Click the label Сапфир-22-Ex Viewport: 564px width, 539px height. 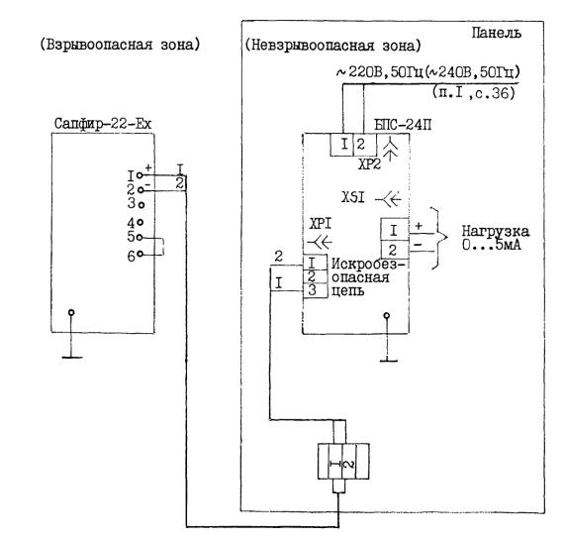(x=103, y=124)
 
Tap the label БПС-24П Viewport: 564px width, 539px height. (x=403, y=125)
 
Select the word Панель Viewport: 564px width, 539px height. (x=497, y=33)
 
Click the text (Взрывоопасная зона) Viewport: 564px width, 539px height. (x=120, y=45)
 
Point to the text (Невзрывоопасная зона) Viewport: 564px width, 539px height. (x=332, y=46)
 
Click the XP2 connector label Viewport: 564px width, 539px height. (x=369, y=164)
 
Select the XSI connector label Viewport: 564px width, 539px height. (x=353, y=197)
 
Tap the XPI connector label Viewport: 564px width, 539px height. (x=321, y=224)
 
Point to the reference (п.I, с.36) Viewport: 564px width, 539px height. (x=474, y=93)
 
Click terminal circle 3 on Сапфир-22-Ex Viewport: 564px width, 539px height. (x=141, y=205)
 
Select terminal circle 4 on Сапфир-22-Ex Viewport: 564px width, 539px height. (x=141, y=222)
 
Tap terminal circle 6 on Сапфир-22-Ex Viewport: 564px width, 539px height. (x=141, y=254)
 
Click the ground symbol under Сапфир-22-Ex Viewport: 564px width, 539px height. (x=71, y=334)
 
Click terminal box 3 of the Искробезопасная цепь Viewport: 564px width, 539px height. (x=315, y=290)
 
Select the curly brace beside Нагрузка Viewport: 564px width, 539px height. (x=439, y=238)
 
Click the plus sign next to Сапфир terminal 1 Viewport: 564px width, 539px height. (x=147, y=167)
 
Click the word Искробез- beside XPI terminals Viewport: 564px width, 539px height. (x=368, y=265)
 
